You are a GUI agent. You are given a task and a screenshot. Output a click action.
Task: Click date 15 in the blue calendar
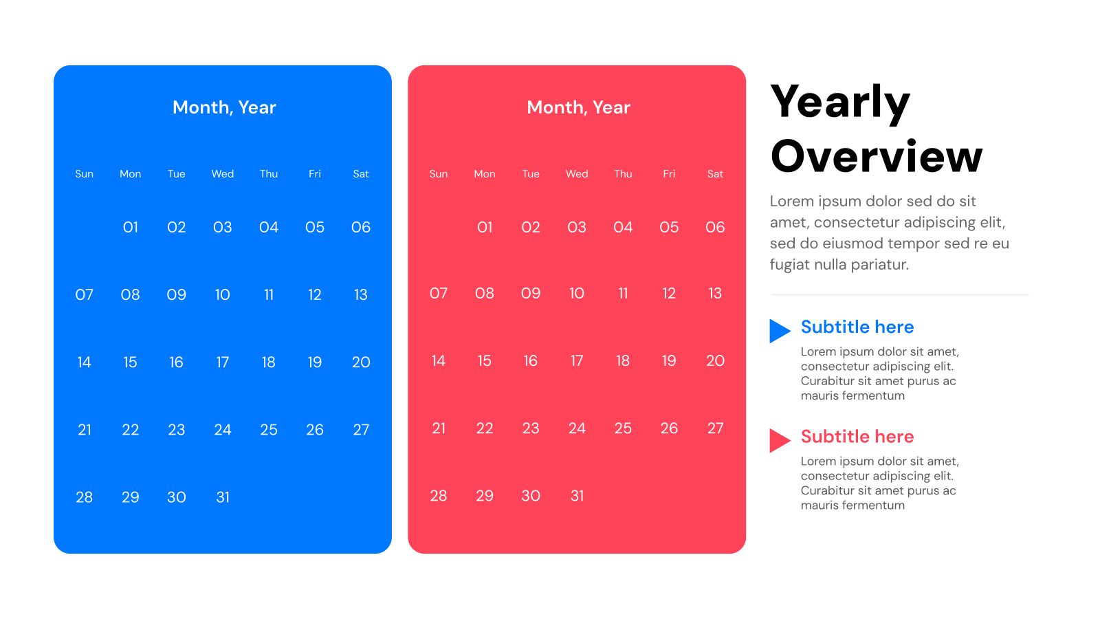130,362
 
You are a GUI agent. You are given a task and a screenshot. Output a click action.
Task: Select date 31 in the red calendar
577,496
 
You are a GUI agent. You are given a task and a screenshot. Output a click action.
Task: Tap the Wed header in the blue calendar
222,174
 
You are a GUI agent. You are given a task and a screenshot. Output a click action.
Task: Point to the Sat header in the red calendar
715,174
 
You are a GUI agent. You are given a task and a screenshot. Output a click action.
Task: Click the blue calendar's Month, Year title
224,107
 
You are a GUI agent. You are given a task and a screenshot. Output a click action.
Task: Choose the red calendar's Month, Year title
578,107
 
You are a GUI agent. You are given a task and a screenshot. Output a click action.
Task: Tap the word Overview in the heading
877,156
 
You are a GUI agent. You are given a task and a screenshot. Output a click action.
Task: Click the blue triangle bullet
778,331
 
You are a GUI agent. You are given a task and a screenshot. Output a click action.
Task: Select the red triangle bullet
778,440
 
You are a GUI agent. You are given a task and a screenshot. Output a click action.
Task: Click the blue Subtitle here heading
857,327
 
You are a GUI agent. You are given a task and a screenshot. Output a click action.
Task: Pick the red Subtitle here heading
857,437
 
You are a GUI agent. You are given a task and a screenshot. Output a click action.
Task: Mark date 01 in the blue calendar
130,228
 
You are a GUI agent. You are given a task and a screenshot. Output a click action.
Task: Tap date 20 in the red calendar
715,361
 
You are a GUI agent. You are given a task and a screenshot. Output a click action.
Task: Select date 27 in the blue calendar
361,430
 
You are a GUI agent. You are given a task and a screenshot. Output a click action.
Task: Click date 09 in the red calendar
531,294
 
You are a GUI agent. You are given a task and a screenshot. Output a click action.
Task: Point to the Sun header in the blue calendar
84,174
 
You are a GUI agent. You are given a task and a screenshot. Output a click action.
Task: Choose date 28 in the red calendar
439,496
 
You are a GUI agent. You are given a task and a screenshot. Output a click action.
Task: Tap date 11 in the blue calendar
269,295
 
